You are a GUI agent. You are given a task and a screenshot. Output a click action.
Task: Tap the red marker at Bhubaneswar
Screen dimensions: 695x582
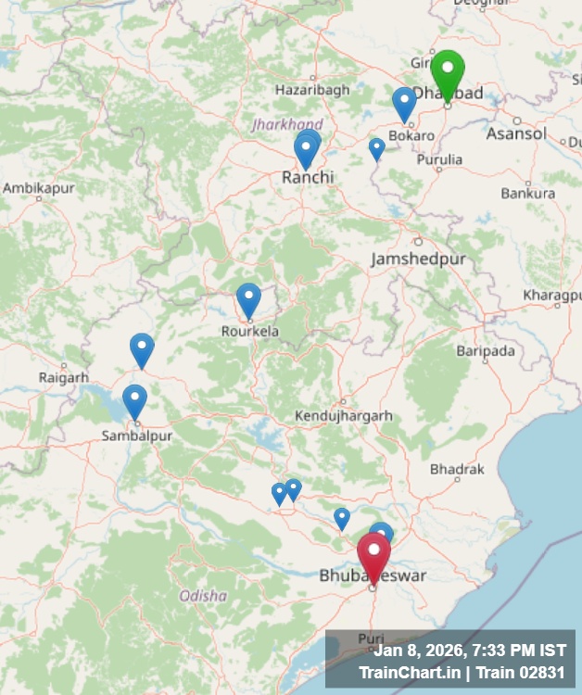(x=373, y=553)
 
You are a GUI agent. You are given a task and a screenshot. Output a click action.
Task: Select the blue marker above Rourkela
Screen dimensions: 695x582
(x=248, y=298)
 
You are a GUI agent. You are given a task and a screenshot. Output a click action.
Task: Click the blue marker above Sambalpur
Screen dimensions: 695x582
(x=135, y=400)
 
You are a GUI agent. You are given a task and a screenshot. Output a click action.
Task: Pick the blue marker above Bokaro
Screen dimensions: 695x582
(x=404, y=103)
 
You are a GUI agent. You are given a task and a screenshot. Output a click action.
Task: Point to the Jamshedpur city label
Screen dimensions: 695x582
(x=418, y=259)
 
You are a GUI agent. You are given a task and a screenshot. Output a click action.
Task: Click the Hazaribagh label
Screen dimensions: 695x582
(x=312, y=90)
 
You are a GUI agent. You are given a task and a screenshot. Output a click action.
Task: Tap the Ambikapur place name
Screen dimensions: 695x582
(x=38, y=188)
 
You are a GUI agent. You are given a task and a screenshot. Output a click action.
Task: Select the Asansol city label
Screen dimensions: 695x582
(x=516, y=133)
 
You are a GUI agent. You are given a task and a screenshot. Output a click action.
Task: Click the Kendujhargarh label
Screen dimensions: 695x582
(x=343, y=416)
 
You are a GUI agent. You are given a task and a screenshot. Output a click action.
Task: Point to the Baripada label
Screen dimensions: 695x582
(x=486, y=351)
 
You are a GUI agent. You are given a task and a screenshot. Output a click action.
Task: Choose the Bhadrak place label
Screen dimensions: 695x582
(x=457, y=470)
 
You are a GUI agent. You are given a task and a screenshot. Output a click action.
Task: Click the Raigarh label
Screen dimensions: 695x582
(x=64, y=377)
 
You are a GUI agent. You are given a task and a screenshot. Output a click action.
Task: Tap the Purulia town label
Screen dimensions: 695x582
(x=439, y=159)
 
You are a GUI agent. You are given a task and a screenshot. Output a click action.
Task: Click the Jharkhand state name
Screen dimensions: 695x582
(x=287, y=124)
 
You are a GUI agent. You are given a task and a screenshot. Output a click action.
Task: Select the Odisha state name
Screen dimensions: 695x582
(x=203, y=596)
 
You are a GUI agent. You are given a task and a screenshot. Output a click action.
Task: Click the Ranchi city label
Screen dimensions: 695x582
(x=308, y=176)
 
